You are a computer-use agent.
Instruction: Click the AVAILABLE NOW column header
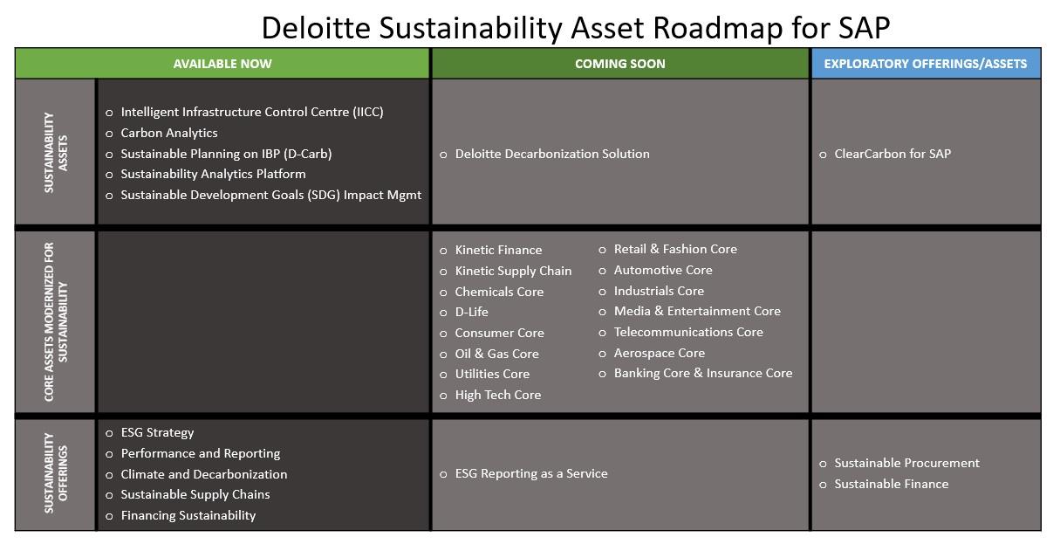(222, 64)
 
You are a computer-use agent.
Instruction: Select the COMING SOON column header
(619, 64)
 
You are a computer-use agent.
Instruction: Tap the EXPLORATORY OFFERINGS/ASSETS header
(925, 64)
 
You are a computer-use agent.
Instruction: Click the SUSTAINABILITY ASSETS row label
(54, 152)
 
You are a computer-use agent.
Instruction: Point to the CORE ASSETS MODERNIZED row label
(54, 321)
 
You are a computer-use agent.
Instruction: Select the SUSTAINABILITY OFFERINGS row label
(54, 473)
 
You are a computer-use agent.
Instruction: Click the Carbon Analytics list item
(169, 133)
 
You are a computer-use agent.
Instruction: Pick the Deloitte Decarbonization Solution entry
(551, 154)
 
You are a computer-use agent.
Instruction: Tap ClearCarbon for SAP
(892, 154)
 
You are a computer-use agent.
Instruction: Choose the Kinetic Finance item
(498, 250)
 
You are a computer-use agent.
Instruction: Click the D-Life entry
(471, 312)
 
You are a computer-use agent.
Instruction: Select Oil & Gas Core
(496, 354)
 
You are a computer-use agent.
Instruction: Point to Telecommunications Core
(687, 332)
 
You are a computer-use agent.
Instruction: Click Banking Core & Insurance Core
(702, 373)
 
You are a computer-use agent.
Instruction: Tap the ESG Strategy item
(157, 432)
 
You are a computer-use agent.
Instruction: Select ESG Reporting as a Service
(530, 473)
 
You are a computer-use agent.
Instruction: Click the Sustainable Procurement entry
(906, 463)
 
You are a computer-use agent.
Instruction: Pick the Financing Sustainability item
(188, 515)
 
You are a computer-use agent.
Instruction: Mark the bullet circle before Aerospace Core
(602, 354)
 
